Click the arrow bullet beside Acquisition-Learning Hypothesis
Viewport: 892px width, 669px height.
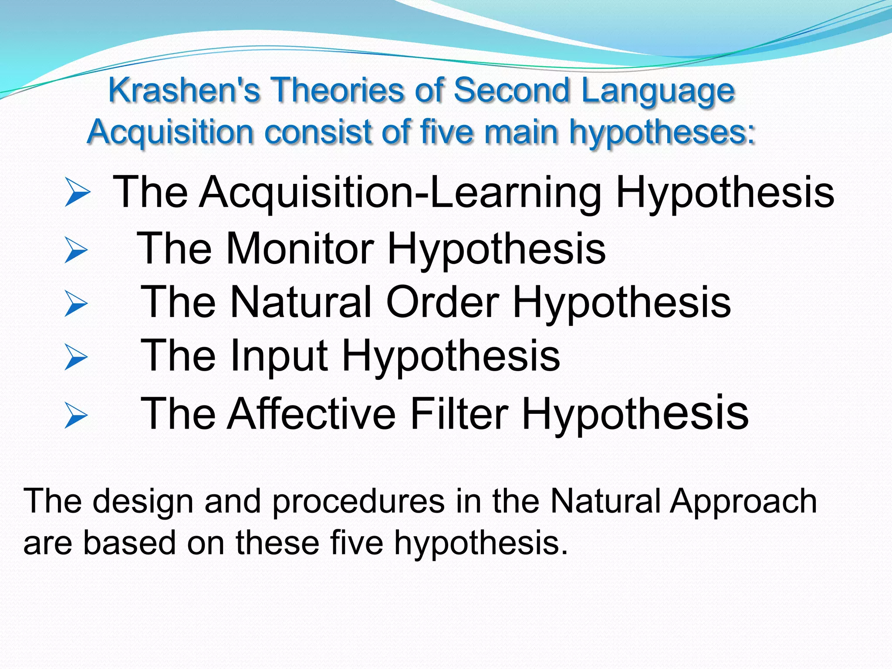point(77,192)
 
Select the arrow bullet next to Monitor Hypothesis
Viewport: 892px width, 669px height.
point(76,250)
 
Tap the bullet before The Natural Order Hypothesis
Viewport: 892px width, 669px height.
point(76,303)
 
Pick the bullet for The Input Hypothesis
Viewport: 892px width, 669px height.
point(76,357)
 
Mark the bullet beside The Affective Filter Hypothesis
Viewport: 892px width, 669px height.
point(76,415)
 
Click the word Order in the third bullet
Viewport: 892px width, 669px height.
point(443,302)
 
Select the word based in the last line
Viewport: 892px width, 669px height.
point(129,543)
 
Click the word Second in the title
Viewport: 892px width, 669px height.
point(512,90)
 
